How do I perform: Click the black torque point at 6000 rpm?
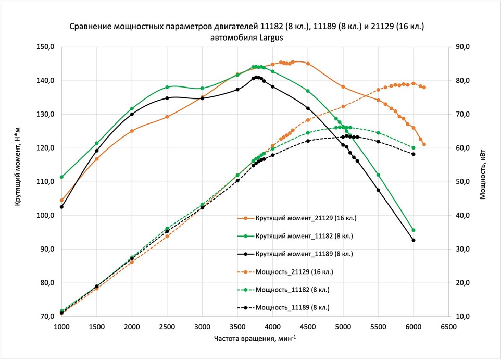point(414,240)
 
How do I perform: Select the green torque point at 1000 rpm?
point(61,177)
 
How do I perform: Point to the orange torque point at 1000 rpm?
point(61,200)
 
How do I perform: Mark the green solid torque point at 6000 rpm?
point(414,230)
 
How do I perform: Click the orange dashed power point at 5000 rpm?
point(343,106)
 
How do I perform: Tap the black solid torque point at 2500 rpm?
point(167,98)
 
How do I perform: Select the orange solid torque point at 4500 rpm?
point(308,64)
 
